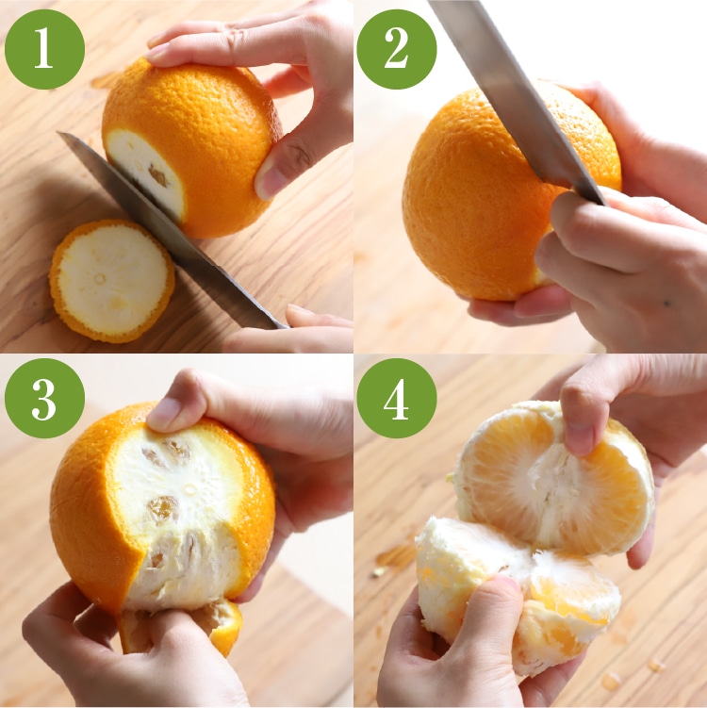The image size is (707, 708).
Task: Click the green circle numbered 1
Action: click(44, 49)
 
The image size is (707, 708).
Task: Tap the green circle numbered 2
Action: click(397, 49)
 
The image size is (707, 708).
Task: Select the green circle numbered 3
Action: click(44, 398)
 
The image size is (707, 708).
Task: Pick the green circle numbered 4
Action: click(397, 398)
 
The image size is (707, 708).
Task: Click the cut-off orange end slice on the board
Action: click(112, 281)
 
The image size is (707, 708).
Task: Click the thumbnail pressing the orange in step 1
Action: click(271, 181)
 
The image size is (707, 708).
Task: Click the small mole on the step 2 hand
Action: click(666, 304)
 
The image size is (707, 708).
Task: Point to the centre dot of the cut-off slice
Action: click(99, 279)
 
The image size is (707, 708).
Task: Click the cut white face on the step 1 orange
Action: click(145, 173)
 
